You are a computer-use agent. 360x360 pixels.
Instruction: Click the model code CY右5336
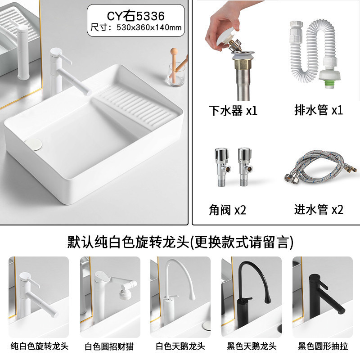click(136, 16)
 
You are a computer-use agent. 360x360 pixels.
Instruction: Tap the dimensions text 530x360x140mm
click(149, 27)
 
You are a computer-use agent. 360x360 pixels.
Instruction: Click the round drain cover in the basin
click(33, 144)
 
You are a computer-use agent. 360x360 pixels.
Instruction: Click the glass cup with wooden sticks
click(176, 71)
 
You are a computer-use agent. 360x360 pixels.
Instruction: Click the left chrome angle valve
click(222, 166)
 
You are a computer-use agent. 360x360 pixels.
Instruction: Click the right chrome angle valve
click(245, 166)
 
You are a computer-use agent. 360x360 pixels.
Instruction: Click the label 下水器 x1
click(233, 110)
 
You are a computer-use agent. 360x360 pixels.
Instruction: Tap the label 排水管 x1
click(319, 110)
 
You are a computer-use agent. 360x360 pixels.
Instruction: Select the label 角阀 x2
click(227, 210)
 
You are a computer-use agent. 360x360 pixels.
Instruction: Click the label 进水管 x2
click(319, 209)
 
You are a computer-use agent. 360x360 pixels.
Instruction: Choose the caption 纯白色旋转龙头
click(39, 346)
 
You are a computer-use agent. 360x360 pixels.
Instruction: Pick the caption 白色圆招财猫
click(109, 346)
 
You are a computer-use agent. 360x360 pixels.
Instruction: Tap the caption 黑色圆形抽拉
click(323, 346)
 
